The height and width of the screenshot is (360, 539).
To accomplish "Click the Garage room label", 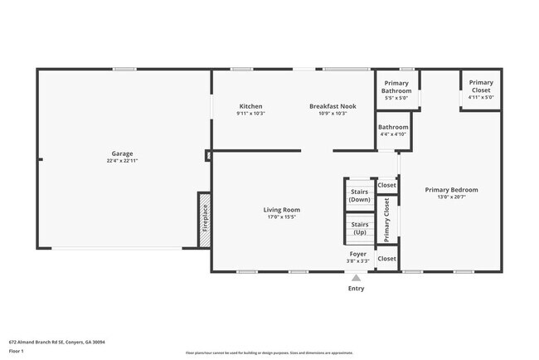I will pos(123,154).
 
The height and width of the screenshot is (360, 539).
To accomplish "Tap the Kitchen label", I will pos(250,106).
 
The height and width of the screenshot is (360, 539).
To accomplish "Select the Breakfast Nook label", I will pos(333,106).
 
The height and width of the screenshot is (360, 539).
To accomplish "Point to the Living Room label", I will pos(282,210).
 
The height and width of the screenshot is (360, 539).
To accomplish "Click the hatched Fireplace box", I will pos(204,220).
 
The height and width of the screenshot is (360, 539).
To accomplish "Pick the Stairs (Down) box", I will pos(359,195).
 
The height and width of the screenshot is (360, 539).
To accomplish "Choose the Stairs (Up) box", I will pos(359,227).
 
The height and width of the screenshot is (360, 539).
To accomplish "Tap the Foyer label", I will pos(357,254).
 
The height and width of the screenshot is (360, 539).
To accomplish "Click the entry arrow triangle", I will pos(357,278).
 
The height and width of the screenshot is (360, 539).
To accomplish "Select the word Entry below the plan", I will pos(357,289).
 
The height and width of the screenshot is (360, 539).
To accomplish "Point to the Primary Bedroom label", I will pos(451,190).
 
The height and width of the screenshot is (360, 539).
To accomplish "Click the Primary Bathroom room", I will pos(396,90).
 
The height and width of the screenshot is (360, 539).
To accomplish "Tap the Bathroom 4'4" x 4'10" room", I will pos(393,130).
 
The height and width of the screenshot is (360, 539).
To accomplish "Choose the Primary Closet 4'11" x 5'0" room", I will pos(481,90).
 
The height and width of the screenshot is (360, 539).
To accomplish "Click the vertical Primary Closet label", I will pos(387,219).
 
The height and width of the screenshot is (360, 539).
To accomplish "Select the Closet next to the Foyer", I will pos(386,259).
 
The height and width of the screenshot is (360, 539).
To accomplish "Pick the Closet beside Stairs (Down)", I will pos(386,186).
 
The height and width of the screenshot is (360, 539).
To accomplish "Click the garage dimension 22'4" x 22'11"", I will pos(123,161).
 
